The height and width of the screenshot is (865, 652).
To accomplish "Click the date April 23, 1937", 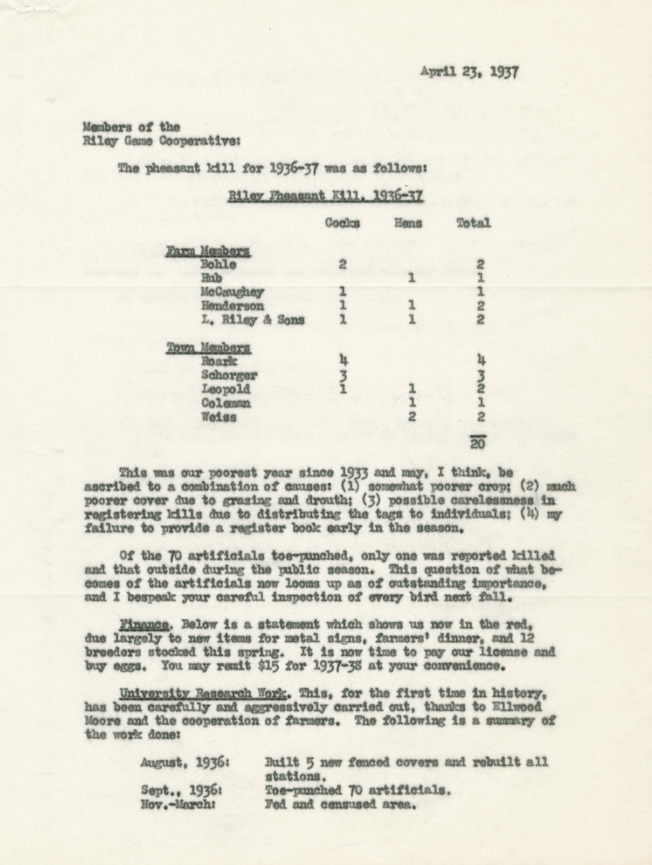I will (470, 73).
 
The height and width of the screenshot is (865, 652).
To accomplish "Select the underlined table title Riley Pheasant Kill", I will (325, 195).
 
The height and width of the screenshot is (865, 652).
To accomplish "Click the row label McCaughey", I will (232, 292).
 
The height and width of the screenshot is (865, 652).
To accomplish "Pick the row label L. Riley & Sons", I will (253, 320).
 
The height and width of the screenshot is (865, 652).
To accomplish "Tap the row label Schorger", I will (229, 375).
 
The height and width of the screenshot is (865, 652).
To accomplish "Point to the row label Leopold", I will (226, 389).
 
